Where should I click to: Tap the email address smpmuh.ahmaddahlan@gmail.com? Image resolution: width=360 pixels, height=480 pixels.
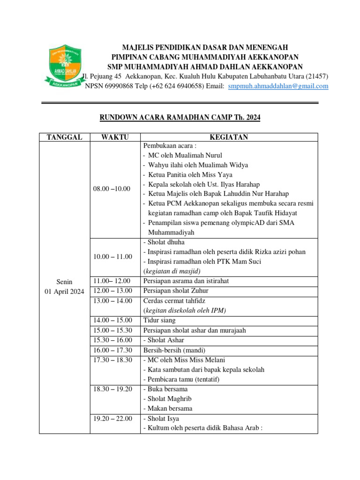[278, 86]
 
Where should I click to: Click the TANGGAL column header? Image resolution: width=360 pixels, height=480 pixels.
[64, 137]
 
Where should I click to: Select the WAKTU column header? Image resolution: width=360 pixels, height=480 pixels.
[114, 137]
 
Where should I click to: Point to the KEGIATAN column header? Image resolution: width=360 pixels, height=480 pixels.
[229, 137]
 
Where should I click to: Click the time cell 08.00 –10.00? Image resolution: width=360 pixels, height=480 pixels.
[112, 189]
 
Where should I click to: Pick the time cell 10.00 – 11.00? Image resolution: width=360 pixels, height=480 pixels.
[112, 256]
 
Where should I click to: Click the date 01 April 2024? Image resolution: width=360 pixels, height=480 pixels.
[64, 292]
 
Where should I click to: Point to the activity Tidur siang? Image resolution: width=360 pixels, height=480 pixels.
[159, 320]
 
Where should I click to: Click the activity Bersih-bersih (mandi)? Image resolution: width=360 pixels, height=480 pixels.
[174, 350]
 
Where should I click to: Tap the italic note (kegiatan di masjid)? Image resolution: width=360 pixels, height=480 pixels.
[172, 271]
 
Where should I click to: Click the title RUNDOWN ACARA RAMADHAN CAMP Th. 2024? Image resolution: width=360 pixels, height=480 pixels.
[180, 118]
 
